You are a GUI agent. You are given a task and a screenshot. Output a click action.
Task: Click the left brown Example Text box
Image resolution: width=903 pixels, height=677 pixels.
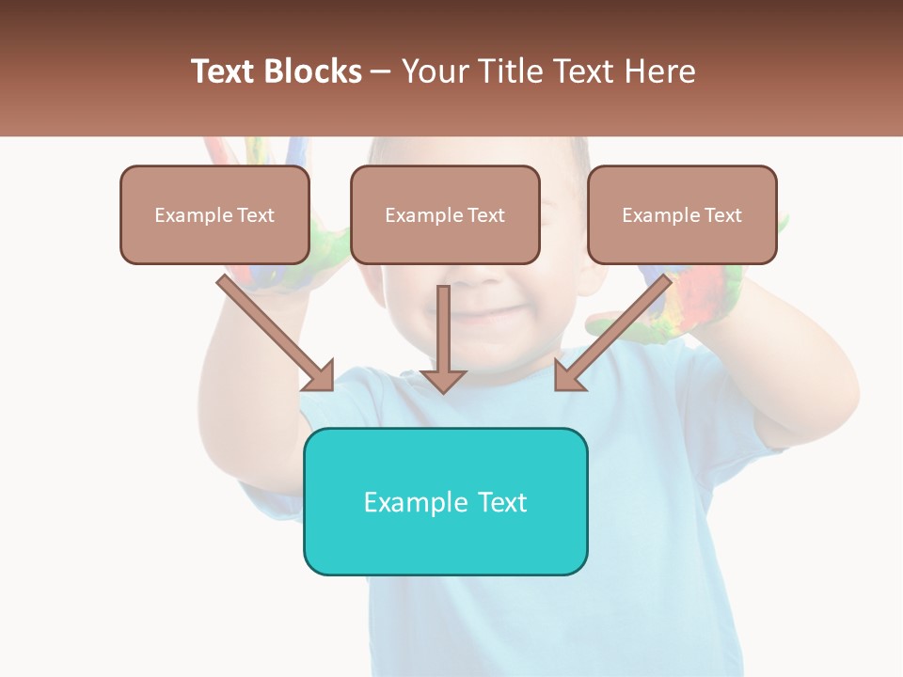pyautogui.click(x=214, y=215)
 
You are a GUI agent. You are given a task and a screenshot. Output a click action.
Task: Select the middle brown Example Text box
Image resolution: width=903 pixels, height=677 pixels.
pyautogui.click(x=445, y=215)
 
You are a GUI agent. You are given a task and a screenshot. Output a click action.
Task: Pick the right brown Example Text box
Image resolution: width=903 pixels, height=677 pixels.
pyautogui.click(x=682, y=215)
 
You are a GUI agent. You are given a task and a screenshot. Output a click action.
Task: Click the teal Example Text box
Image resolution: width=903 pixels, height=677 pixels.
pyautogui.click(x=445, y=501)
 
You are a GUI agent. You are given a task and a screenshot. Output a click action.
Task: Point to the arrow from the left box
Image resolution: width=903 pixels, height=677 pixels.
pyautogui.click(x=273, y=330)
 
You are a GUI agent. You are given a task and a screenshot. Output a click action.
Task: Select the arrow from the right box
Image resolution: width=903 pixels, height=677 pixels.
pyautogui.click(x=615, y=330)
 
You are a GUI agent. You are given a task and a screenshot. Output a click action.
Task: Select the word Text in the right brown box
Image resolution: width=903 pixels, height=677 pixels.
pyautogui.click(x=722, y=215)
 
